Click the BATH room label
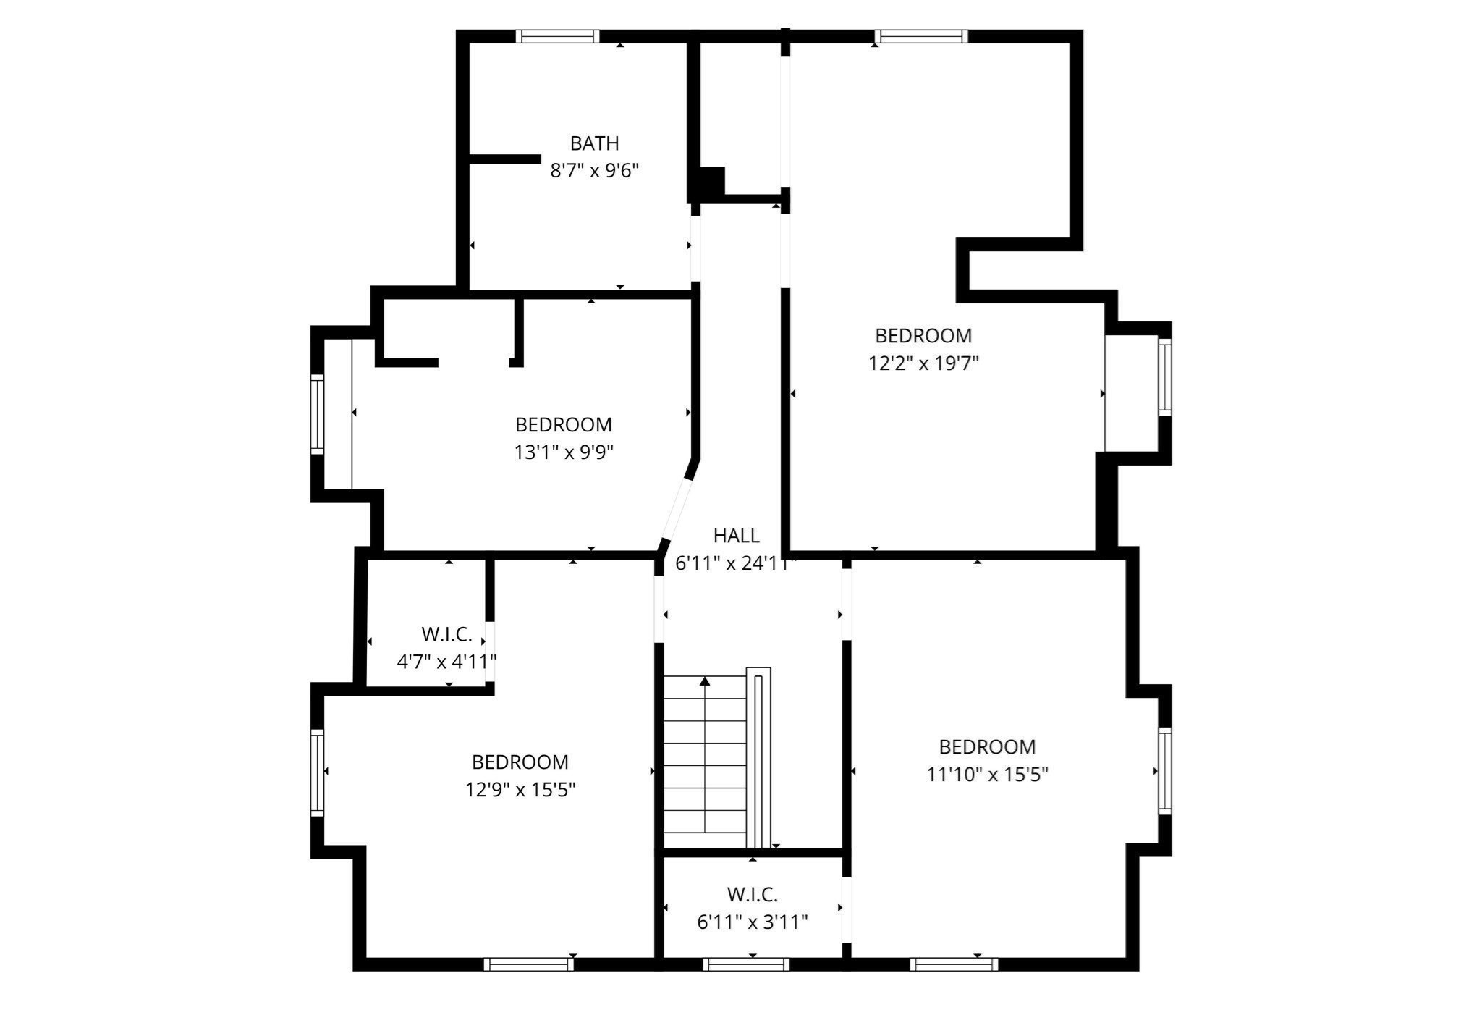594,143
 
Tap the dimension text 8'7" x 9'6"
594,171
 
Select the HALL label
736,536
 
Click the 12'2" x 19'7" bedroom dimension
923,363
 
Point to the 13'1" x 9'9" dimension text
564,452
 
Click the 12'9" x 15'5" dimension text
520,790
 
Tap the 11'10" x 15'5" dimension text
987,775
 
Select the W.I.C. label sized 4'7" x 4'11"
446,635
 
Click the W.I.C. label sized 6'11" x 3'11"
752,895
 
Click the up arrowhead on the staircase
705,681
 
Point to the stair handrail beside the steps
758,757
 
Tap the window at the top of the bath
557,36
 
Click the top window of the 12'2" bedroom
920,36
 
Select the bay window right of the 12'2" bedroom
1164,376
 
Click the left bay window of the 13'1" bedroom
317,414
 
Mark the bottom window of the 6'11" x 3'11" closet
745,964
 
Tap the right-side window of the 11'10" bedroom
1164,770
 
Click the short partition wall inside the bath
505,159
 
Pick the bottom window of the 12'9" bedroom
528,964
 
